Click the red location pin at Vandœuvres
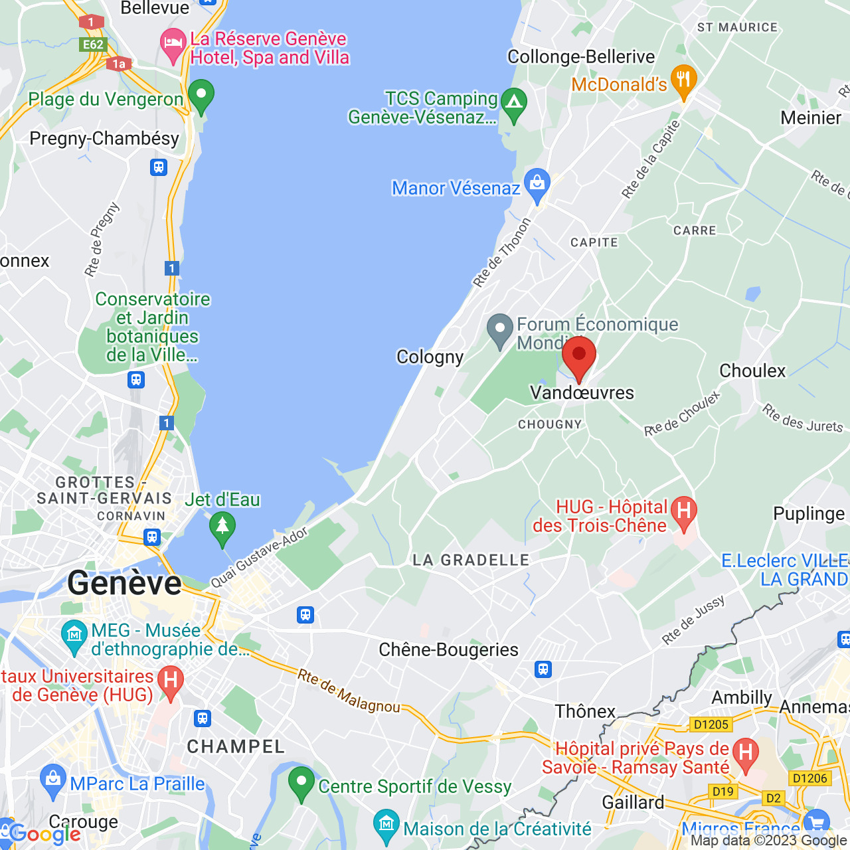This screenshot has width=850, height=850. click(x=578, y=357)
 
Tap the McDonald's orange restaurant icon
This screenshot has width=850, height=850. click(x=683, y=81)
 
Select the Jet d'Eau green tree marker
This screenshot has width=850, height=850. click(x=222, y=528)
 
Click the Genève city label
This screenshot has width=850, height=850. click(x=124, y=584)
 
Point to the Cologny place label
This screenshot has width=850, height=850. click(x=430, y=357)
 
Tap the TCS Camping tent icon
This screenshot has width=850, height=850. click(x=513, y=104)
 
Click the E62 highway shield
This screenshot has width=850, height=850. click(x=93, y=44)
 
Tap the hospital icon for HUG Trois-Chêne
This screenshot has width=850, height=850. click(x=684, y=512)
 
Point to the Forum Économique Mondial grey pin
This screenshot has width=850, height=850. click(x=499, y=329)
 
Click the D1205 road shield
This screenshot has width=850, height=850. click(x=711, y=724)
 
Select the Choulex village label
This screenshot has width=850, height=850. click(x=752, y=371)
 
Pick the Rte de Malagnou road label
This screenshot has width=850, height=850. click(x=349, y=692)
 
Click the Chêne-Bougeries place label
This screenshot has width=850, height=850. click(x=448, y=649)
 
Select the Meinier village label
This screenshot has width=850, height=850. click(x=811, y=118)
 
